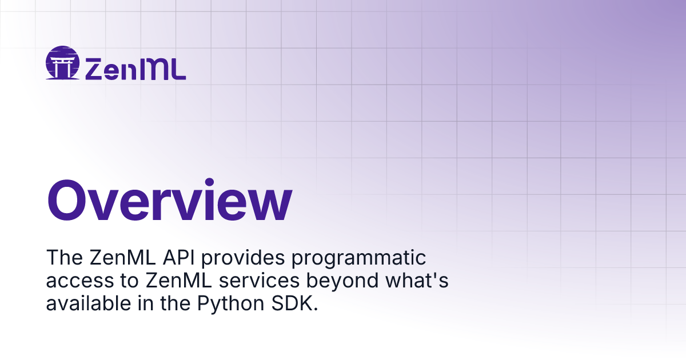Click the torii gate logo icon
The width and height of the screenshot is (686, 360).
coord(62,63)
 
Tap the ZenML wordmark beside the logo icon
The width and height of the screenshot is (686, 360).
coord(135,69)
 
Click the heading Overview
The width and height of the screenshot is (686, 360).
coord(170,199)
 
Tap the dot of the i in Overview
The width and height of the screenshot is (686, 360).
coord(209,182)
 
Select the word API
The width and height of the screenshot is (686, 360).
coord(178,258)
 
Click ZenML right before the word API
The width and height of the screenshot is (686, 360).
coord(122,258)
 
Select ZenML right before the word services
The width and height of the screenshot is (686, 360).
coord(178,281)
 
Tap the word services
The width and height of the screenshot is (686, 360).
coord(259,281)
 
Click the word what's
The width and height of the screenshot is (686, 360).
coord(417,281)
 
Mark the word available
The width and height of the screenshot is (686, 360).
coord(89,303)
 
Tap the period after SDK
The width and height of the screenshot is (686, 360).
coord(316,310)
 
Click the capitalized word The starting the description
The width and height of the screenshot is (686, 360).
coord(64,258)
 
